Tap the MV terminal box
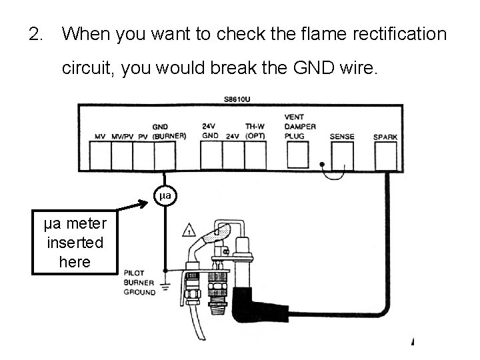pos(100,157)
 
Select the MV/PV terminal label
pos(121,137)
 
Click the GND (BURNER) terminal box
pos(164,157)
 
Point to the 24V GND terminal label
pos(211,131)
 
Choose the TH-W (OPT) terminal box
pos(254,157)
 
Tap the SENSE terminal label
pos(342,137)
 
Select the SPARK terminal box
pos(385,157)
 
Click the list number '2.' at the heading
pos(37,33)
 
